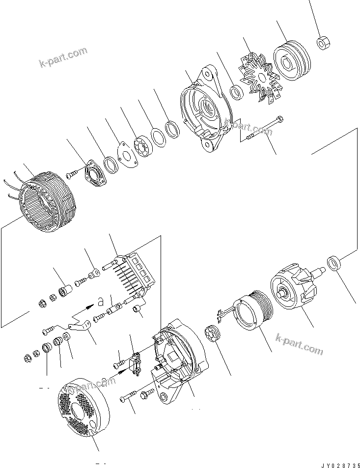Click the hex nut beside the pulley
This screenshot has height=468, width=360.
[x=322, y=43]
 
